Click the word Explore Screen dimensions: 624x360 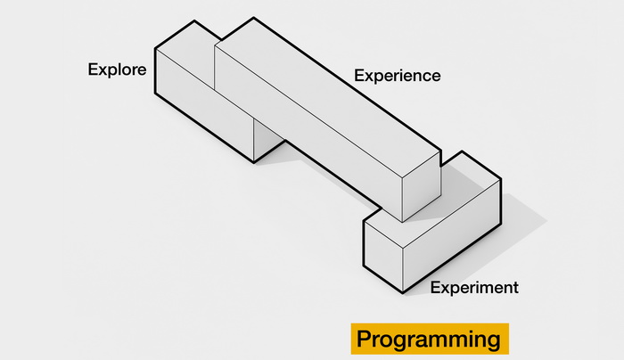click(117, 70)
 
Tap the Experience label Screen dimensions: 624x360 click(398, 76)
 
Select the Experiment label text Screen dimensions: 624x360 click(474, 287)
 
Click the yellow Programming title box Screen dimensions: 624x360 click(430, 339)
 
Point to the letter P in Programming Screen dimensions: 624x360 click(365, 339)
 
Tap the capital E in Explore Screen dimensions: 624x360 click(93, 70)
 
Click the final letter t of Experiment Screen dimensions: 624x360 click(516, 287)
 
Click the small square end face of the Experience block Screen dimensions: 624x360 click(422, 186)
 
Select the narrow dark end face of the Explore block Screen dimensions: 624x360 click(267, 140)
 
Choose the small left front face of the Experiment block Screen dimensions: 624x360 click(383, 256)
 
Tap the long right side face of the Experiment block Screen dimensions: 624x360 click(452, 236)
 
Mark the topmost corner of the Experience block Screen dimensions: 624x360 click(253, 18)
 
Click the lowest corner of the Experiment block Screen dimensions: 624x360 click(403, 293)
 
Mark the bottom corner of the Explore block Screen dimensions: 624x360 click(254, 162)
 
